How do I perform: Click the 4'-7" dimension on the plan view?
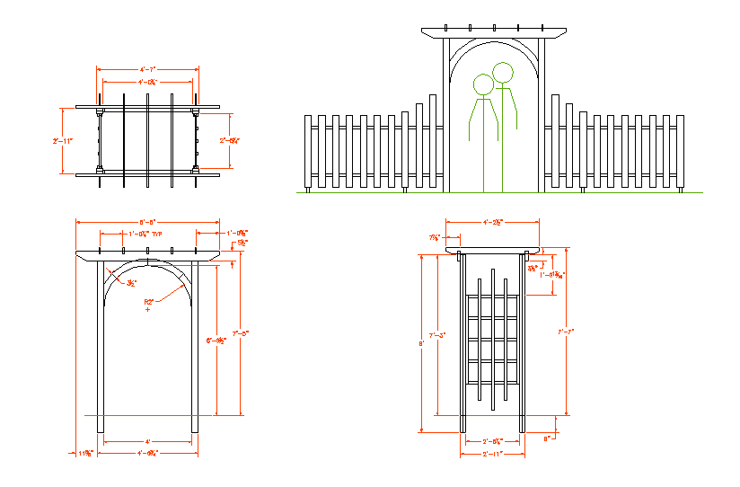147,68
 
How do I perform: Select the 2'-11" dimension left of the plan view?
62,141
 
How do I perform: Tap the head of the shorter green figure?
483,84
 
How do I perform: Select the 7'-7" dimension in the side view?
567,332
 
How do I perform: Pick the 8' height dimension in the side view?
420,342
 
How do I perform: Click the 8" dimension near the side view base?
547,438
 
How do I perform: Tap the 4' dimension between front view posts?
147,441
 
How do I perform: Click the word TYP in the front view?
157,234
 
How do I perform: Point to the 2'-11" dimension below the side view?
492,455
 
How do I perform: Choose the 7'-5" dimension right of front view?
240,332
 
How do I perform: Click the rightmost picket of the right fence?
682,154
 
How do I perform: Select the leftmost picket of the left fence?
310,154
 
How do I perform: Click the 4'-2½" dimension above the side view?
492,220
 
